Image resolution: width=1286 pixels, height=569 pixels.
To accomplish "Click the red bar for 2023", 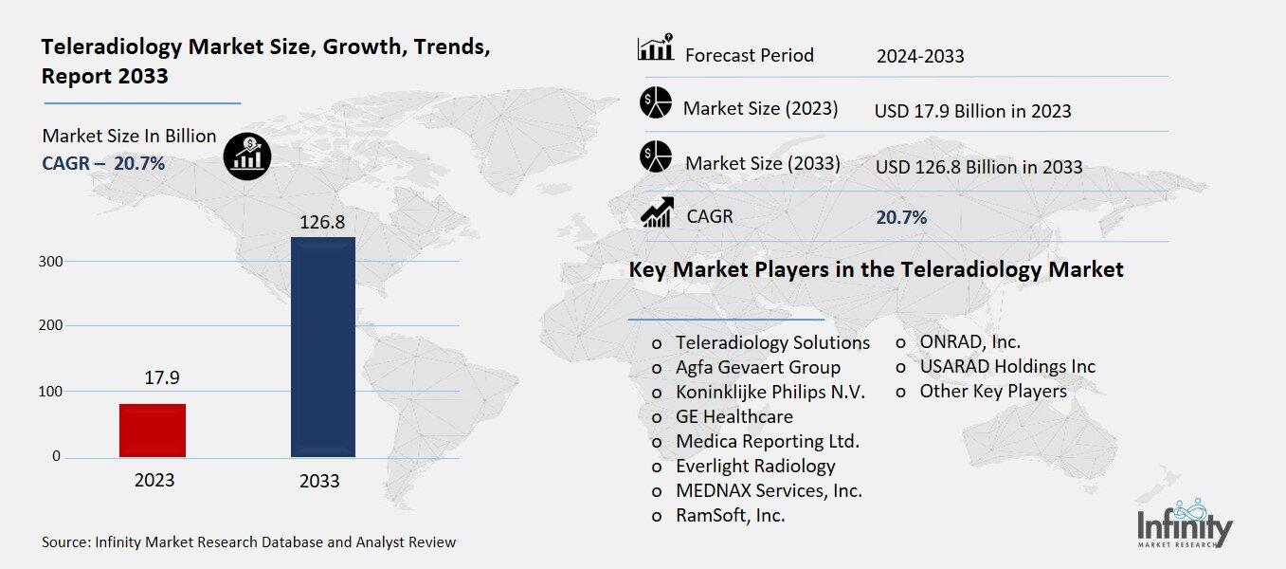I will [x=153, y=431].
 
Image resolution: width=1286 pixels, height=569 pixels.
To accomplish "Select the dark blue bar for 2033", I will [x=322, y=347].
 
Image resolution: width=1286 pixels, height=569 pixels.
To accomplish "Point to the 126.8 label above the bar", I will [x=321, y=222].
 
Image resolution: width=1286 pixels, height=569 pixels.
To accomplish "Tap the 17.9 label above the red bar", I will [x=161, y=378].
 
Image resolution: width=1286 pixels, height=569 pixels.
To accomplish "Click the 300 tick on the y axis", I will [x=50, y=261].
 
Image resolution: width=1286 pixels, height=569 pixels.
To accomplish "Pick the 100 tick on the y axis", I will [x=50, y=391].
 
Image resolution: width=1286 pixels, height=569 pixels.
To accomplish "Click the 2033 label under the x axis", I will [x=319, y=481].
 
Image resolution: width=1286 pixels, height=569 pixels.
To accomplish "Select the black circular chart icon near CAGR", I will [x=247, y=156].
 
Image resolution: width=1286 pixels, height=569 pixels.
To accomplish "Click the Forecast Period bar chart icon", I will [x=656, y=48].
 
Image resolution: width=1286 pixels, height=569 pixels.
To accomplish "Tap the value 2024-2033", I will [x=920, y=56].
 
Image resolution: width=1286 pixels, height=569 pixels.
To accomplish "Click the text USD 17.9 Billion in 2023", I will [x=972, y=111].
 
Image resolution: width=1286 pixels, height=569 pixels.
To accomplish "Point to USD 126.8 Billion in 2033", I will [x=978, y=167].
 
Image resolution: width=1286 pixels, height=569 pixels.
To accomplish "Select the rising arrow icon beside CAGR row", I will [x=656, y=212].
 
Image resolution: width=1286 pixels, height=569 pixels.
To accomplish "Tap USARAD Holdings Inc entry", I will [x=1006, y=366].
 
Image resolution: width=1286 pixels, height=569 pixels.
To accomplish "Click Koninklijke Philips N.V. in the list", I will [x=770, y=392].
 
